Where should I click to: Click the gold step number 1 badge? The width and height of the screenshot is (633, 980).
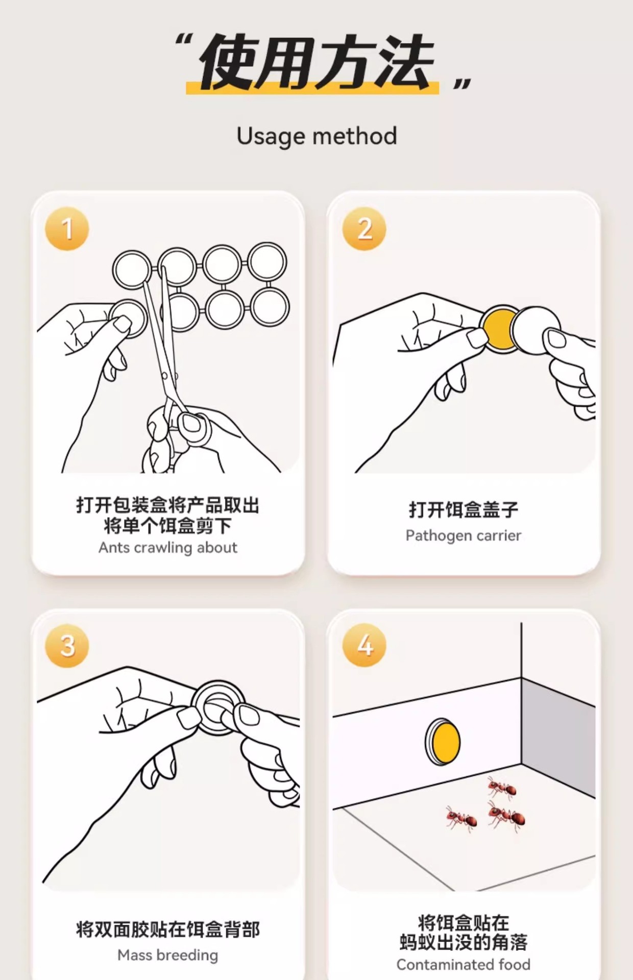click(x=67, y=229)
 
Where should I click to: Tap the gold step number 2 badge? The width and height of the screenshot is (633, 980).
click(x=364, y=229)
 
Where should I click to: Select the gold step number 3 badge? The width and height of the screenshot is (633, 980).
click(x=67, y=645)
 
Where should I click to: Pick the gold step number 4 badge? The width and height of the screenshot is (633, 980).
click(x=364, y=645)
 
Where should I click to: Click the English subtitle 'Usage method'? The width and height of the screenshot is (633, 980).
click(x=316, y=136)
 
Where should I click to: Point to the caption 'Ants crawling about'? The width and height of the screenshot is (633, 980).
click(x=168, y=548)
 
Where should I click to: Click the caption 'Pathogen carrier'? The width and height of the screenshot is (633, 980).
click(x=464, y=535)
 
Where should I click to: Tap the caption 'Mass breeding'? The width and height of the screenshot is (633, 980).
click(x=168, y=955)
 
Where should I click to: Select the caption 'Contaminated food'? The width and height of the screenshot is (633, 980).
click(x=464, y=965)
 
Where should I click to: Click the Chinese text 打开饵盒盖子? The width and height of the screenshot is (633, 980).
click(x=464, y=509)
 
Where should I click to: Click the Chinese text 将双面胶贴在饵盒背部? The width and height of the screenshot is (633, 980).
click(x=168, y=929)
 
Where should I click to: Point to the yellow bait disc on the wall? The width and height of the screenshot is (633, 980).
click(x=443, y=742)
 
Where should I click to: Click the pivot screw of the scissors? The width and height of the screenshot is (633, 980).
click(x=164, y=376)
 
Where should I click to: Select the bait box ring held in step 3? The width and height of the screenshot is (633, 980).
click(x=218, y=707)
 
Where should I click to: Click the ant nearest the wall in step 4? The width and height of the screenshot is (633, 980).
click(x=502, y=789)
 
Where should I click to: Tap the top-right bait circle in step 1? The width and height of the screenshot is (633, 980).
click(x=267, y=264)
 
